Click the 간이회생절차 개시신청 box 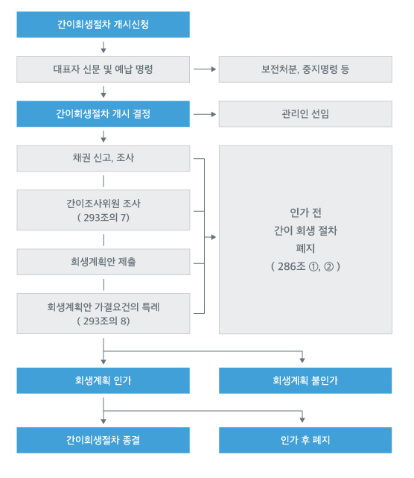tap(103, 24)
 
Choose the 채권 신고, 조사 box tap(103, 158)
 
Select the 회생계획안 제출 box tap(103, 262)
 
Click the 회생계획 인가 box tap(103, 380)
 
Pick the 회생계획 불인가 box tap(305, 380)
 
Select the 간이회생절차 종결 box tap(103, 439)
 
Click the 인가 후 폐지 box tap(305, 439)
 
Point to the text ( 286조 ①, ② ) tap(305, 265)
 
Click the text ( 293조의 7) tap(103, 217)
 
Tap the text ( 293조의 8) tap(103, 321)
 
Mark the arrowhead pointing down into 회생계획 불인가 tap(302, 361)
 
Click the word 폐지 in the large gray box tap(305, 248)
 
